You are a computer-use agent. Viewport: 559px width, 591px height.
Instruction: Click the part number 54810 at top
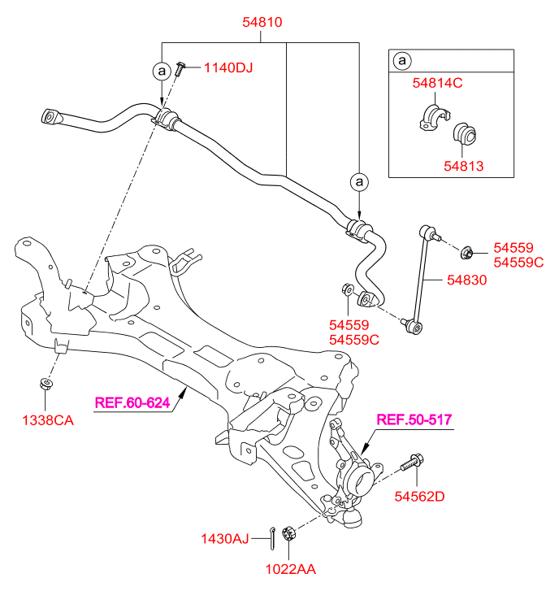click(x=262, y=23)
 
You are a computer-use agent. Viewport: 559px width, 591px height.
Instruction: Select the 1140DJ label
click(x=228, y=67)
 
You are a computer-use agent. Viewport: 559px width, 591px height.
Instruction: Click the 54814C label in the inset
click(x=437, y=83)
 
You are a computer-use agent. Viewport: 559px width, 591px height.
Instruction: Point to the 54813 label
click(x=464, y=166)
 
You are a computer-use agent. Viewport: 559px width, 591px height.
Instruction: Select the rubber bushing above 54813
click(x=465, y=134)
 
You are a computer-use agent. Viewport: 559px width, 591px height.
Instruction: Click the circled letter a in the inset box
click(x=401, y=61)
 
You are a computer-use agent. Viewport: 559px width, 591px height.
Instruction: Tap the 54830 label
click(x=466, y=280)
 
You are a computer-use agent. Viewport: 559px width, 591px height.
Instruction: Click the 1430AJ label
click(x=225, y=537)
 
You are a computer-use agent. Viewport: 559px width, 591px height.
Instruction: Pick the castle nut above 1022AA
click(x=287, y=533)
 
